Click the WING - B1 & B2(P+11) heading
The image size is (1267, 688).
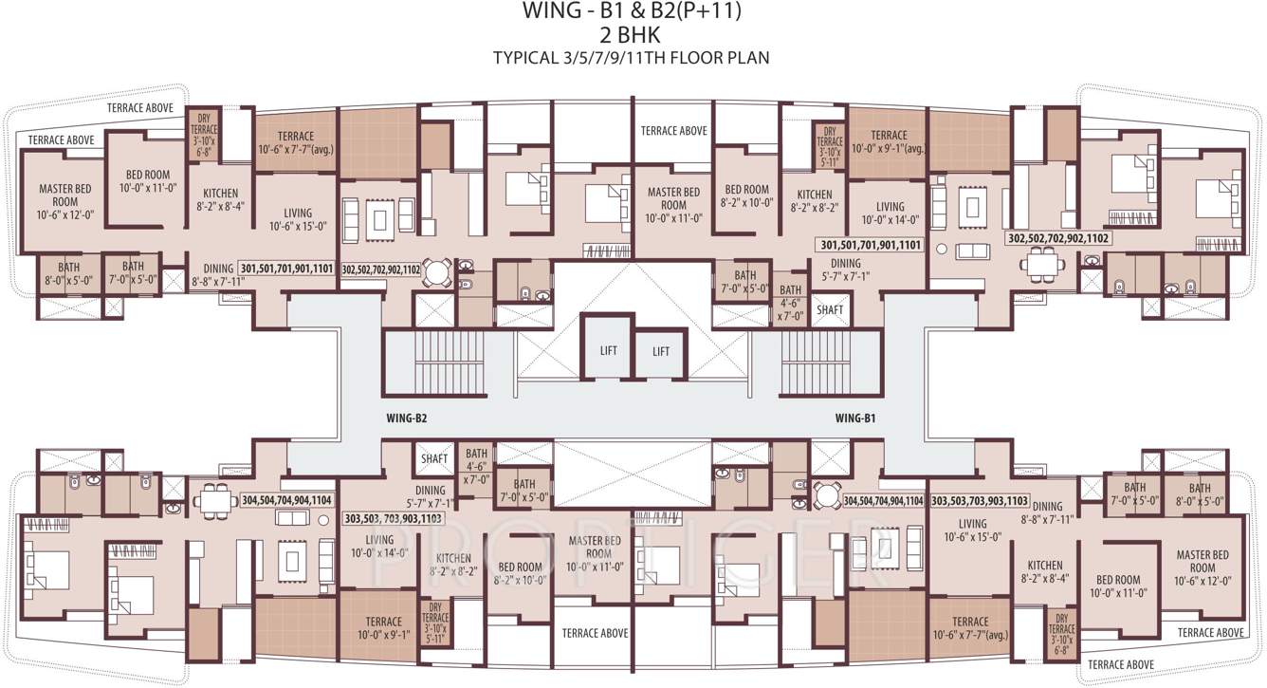(633, 12)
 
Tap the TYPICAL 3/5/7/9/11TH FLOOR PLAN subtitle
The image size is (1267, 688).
(631, 58)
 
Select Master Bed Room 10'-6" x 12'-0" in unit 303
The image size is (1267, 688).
(1203, 567)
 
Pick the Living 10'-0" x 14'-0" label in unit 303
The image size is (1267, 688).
(376, 546)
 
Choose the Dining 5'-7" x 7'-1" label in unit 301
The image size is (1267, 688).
(845, 270)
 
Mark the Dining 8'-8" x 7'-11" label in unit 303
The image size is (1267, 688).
(1047, 512)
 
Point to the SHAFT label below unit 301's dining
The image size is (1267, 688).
(829, 309)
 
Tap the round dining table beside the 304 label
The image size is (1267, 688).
(826, 496)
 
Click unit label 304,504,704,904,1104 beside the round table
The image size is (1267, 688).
(882, 500)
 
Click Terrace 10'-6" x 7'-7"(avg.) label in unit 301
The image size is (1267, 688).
(295, 142)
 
